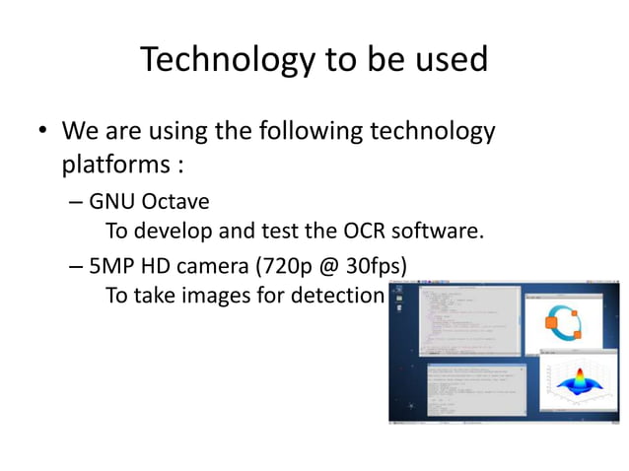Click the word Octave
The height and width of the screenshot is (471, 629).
(175, 203)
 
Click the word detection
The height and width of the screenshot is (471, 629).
(336, 296)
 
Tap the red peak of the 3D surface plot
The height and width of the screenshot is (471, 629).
(574, 379)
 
